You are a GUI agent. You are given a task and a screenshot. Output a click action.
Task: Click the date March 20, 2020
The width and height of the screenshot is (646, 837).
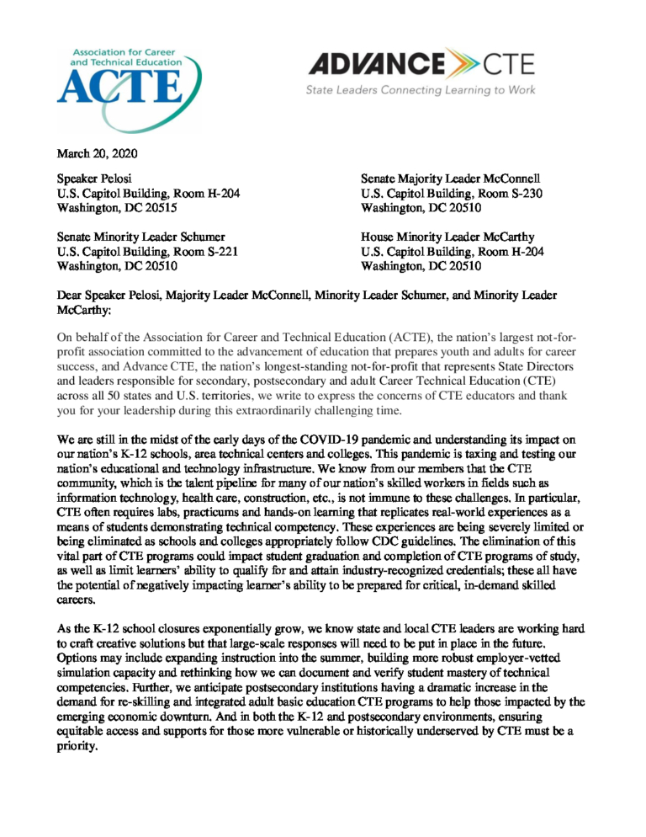[x=97, y=153]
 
